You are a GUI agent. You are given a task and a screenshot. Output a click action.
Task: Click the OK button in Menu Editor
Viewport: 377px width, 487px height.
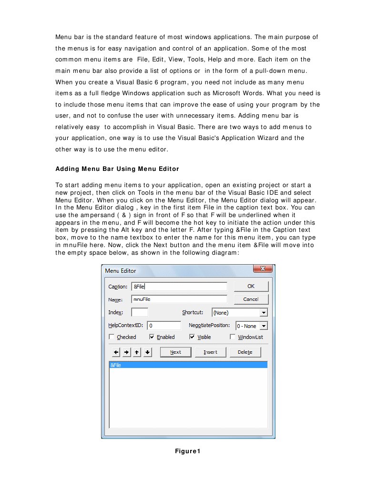point(251,286)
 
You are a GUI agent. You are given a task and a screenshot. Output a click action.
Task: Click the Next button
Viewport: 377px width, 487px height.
point(175,352)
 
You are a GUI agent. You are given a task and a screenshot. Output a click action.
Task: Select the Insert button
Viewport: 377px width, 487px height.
point(210,352)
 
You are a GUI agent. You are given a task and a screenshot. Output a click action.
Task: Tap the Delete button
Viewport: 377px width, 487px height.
point(245,352)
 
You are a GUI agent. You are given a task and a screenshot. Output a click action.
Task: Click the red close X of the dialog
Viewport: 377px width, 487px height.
point(263,269)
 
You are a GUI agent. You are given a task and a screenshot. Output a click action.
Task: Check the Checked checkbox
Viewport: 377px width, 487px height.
point(112,337)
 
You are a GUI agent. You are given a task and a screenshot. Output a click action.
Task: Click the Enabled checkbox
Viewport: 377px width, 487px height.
point(152,337)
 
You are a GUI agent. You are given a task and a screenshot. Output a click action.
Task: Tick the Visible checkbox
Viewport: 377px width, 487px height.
point(192,337)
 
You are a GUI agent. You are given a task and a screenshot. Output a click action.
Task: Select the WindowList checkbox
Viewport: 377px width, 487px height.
point(233,337)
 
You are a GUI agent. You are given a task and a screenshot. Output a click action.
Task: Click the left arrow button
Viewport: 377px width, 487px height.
point(116,352)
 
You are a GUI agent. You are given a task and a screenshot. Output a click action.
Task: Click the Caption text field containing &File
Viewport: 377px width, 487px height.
point(179,287)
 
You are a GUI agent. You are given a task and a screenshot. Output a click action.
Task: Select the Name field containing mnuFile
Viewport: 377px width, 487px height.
point(179,299)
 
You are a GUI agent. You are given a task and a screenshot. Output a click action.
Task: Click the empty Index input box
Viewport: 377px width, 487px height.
point(140,312)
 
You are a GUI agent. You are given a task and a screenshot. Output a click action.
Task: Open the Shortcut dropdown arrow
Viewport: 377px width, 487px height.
point(264,313)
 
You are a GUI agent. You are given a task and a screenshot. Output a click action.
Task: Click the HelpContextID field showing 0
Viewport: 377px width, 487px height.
point(164,326)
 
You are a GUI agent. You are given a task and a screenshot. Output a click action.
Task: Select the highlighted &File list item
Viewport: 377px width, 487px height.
point(188,365)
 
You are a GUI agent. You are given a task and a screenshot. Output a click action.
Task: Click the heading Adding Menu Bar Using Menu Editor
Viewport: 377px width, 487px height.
point(117,169)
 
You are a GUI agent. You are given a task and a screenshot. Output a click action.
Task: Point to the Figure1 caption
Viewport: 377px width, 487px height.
point(188,451)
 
